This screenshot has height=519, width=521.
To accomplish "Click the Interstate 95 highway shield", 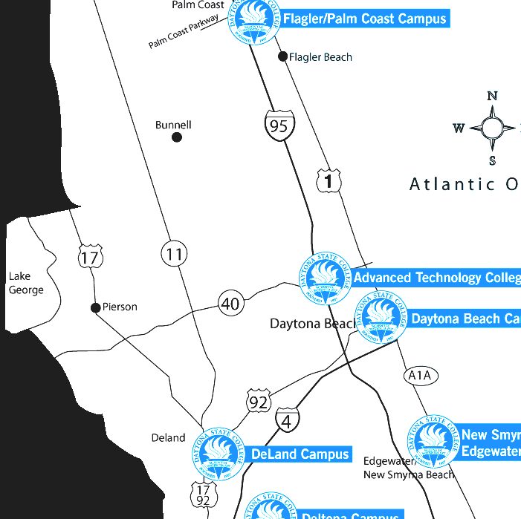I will (279, 124).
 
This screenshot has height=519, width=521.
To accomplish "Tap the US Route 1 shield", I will (329, 180).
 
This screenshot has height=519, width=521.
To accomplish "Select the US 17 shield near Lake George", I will (90, 258).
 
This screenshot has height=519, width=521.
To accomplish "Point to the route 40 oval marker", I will (230, 304).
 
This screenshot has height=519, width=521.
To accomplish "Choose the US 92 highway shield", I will (258, 402).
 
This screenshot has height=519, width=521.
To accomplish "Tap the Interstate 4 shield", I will (287, 419).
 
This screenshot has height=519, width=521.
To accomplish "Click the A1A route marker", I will (420, 376).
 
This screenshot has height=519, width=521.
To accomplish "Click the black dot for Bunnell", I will (177, 137).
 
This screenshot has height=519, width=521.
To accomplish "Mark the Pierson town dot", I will (95, 307).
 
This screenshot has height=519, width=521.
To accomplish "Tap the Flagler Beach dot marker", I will (282, 56).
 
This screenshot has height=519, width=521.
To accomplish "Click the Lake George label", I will (26, 283).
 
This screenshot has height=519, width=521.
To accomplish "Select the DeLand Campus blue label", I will (300, 454).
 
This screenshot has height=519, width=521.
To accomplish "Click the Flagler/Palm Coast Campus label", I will (364, 19).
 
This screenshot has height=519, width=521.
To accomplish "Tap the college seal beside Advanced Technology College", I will (324, 278).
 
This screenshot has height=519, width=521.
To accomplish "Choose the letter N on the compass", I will (491, 96).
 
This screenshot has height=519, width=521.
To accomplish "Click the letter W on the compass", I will (459, 128).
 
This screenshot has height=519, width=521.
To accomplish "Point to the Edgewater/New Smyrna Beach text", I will (408, 468).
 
